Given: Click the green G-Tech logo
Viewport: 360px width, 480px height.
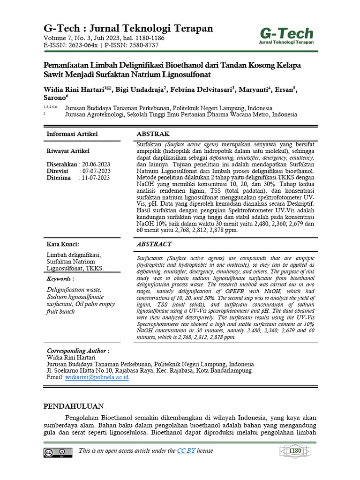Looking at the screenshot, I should click(x=286, y=35).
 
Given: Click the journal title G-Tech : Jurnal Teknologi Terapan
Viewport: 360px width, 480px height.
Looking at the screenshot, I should click(x=128, y=29).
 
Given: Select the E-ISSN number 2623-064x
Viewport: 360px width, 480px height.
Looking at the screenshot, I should click(x=82, y=45).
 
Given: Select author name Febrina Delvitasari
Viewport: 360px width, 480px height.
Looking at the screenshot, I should click(x=199, y=90).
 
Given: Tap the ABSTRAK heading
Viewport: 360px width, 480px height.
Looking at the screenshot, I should click(x=153, y=134).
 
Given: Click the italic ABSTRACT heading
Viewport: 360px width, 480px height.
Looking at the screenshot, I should click(x=154, y=244).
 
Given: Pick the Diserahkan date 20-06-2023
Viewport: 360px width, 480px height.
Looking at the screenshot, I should click(x=96, y=165).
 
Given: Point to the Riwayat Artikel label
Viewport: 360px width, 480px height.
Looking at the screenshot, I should click(x=68, y=151).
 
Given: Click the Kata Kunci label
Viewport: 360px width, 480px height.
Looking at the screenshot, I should click(x=62, y=244).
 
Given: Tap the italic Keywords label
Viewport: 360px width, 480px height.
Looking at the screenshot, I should click(x=60, y=279).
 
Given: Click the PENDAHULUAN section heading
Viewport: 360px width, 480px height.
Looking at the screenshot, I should click(x=74, y=406).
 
